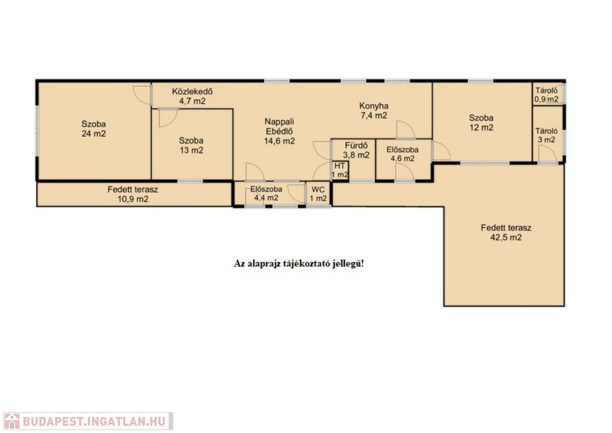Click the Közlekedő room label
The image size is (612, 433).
(192, 92)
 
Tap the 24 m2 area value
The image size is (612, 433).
(94, 134)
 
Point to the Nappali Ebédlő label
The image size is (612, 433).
(280, 127)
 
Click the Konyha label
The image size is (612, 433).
(374, 106)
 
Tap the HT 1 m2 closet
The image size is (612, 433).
(340, 170)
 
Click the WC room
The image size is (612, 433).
(319, 194)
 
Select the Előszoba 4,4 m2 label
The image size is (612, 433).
(266, 194)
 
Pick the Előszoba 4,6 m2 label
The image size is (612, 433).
(403, 154)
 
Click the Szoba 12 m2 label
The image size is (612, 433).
(481, 122)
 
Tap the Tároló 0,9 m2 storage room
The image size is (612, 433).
(547, 94)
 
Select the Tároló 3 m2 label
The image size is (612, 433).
(546, 136)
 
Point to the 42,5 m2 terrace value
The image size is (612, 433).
(506, 238)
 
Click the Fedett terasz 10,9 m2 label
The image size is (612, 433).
(133, 194)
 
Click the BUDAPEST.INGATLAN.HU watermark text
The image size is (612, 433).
(94, 421)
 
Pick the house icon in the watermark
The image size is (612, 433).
(11, 421)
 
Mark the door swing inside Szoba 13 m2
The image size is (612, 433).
(169, 118)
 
